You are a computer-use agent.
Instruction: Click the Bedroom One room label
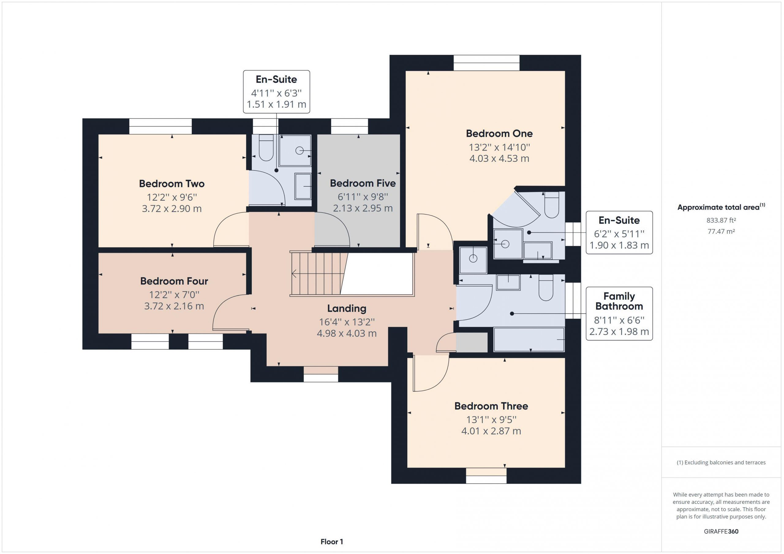click(x=499, y=133)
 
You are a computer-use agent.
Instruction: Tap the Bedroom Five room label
click(x=363, y=183)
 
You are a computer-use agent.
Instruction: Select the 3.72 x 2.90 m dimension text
click(x=172, y=208)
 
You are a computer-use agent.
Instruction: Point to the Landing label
click(x=347, y=308)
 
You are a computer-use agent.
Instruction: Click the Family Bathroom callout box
click(x=619, y=314)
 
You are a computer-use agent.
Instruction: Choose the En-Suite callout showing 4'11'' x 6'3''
click(x=276, y=92)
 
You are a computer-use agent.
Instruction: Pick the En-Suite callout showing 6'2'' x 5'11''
click(x=619, y=232)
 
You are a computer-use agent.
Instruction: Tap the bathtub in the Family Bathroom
click(x=529, y=340)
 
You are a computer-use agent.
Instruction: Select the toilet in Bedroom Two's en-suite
click(x=266, y=148)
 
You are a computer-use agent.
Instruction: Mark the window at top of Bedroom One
click(x=486, y=63)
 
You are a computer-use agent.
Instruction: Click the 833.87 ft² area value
click(x=721, y=220)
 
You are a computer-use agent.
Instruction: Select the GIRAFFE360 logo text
click(x=721, y=531)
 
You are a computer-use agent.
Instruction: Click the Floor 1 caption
click(x=332, y=541)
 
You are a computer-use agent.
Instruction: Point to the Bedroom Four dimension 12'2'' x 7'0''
click(x=174, y=295)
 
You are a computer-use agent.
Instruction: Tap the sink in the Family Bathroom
click(x=508, y=282)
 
